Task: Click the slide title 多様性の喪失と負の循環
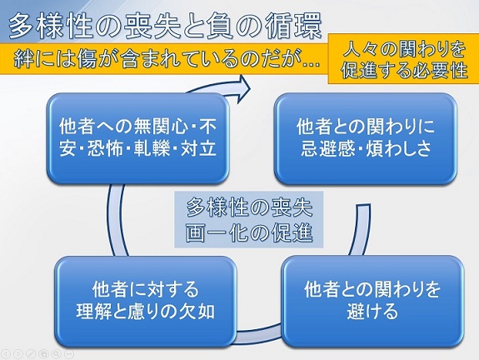[165, 27]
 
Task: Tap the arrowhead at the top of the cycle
[243, 89]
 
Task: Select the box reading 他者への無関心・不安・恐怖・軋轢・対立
[137, 138]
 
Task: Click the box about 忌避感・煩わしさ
[366, 138]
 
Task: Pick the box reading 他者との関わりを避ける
[372, 301]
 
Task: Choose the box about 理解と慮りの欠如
[146, 301]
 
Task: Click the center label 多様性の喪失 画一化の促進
[249, 219]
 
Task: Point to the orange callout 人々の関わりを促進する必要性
[403, 58]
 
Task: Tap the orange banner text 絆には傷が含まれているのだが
[167, 58]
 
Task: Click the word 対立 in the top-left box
[198, 149]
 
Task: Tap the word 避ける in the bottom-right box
[372, 312]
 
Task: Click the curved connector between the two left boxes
[116, 220]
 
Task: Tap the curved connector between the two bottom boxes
[259, 335]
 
